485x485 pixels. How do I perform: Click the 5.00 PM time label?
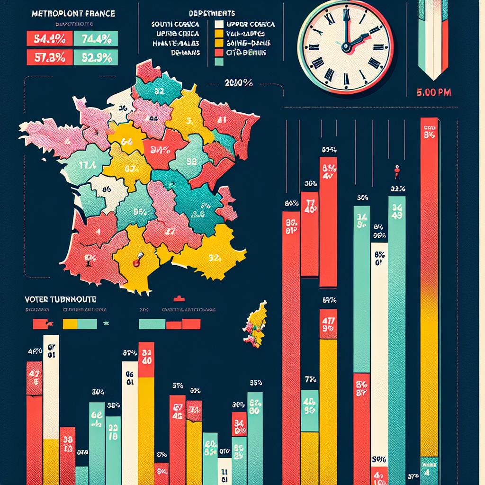pyautogui.click(x=432, y=93)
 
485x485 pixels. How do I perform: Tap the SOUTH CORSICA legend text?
pyautogui.click(x=175, y=24)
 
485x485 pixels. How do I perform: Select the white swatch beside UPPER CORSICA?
pyautogui.click(x=219, y=24)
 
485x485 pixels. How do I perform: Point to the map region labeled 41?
pyautogui.click(x=222, y=120)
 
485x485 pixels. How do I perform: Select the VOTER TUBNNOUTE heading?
pyautogui.click(x=60, y=300)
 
